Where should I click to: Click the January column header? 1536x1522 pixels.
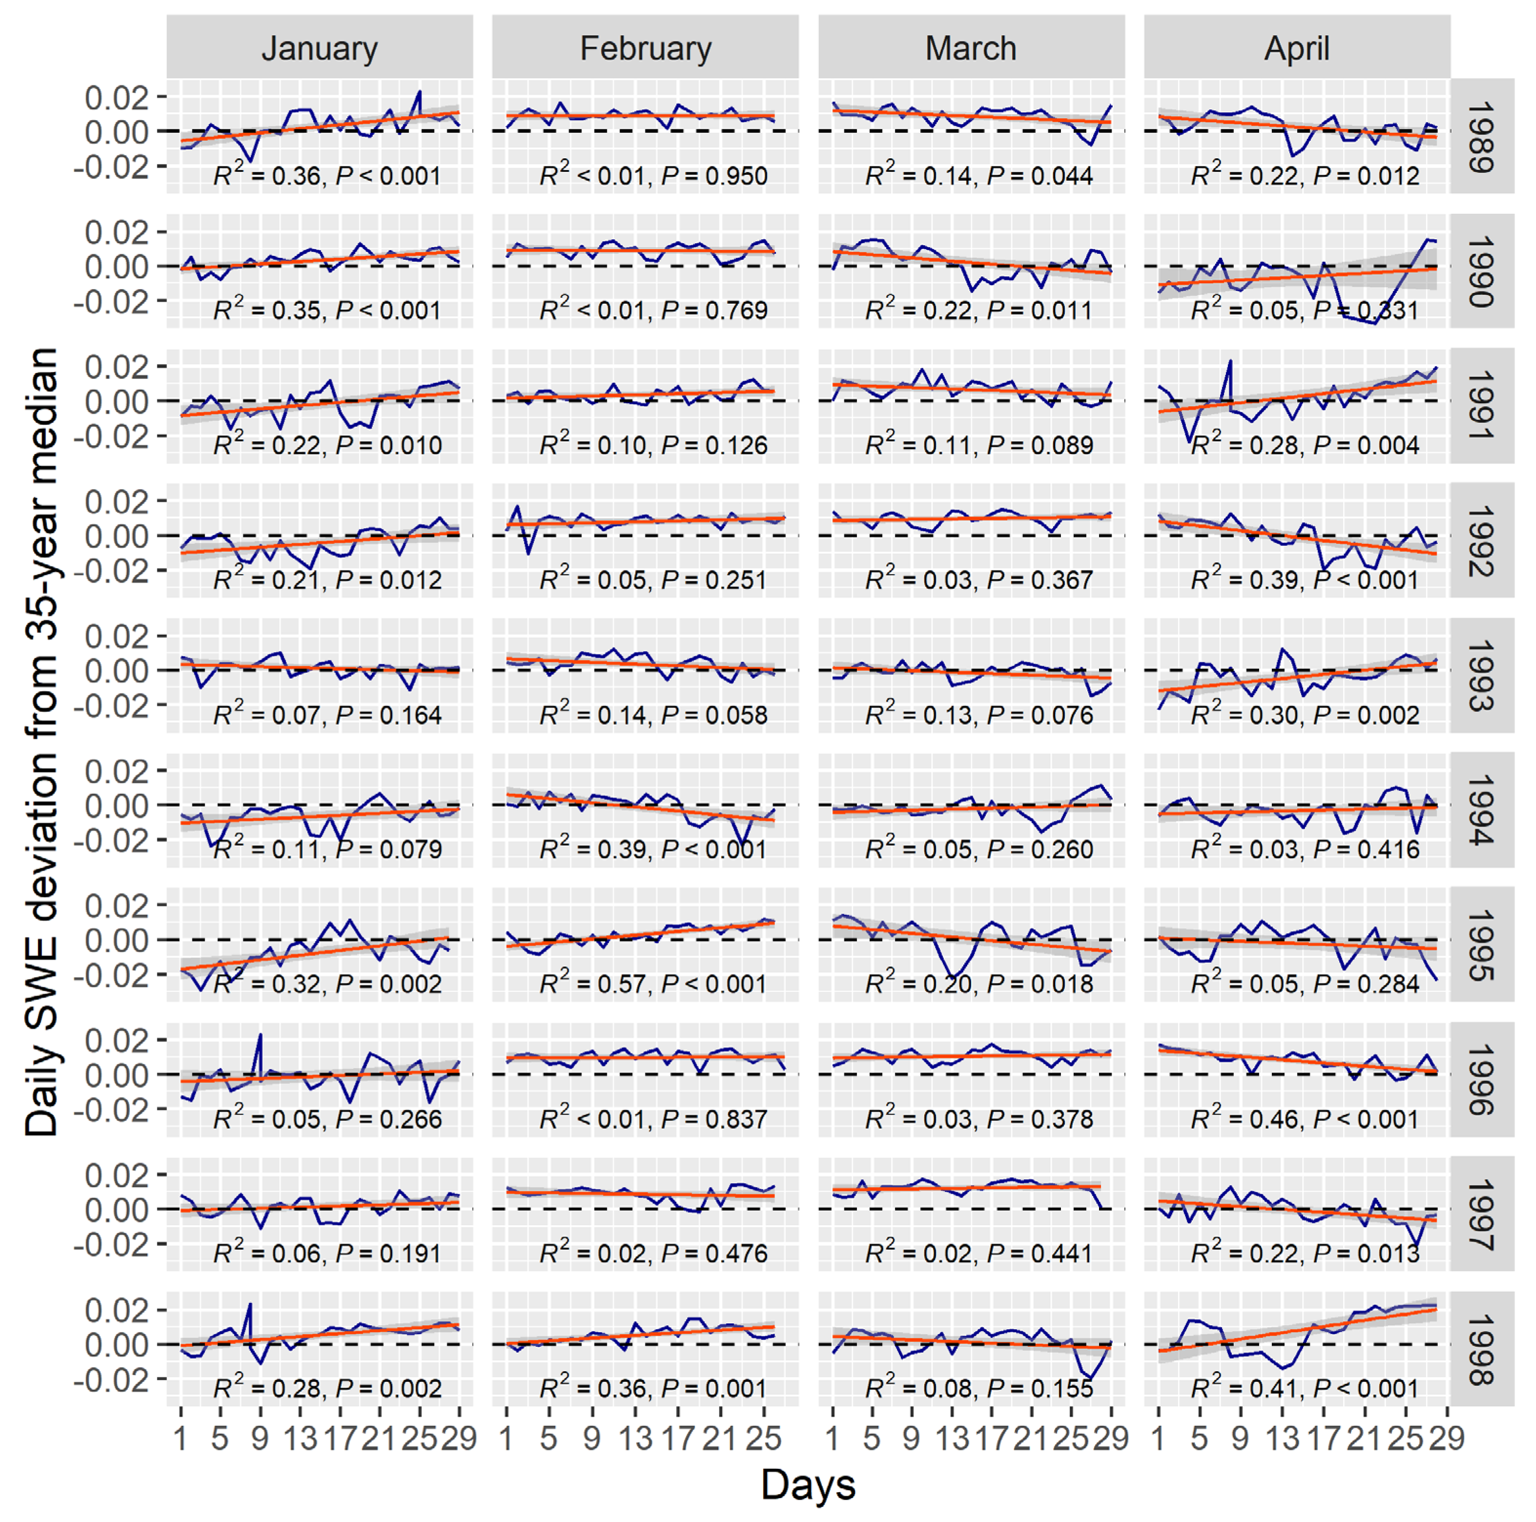click(320, 48)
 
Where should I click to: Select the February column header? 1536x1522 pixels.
click(645, 48)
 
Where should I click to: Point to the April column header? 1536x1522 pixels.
click(1297, 48)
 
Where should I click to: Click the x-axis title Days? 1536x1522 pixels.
click(808, 1484)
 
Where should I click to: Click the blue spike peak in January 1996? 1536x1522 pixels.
click(260, 1035)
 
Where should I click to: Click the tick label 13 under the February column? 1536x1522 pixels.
click(635, 1438)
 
